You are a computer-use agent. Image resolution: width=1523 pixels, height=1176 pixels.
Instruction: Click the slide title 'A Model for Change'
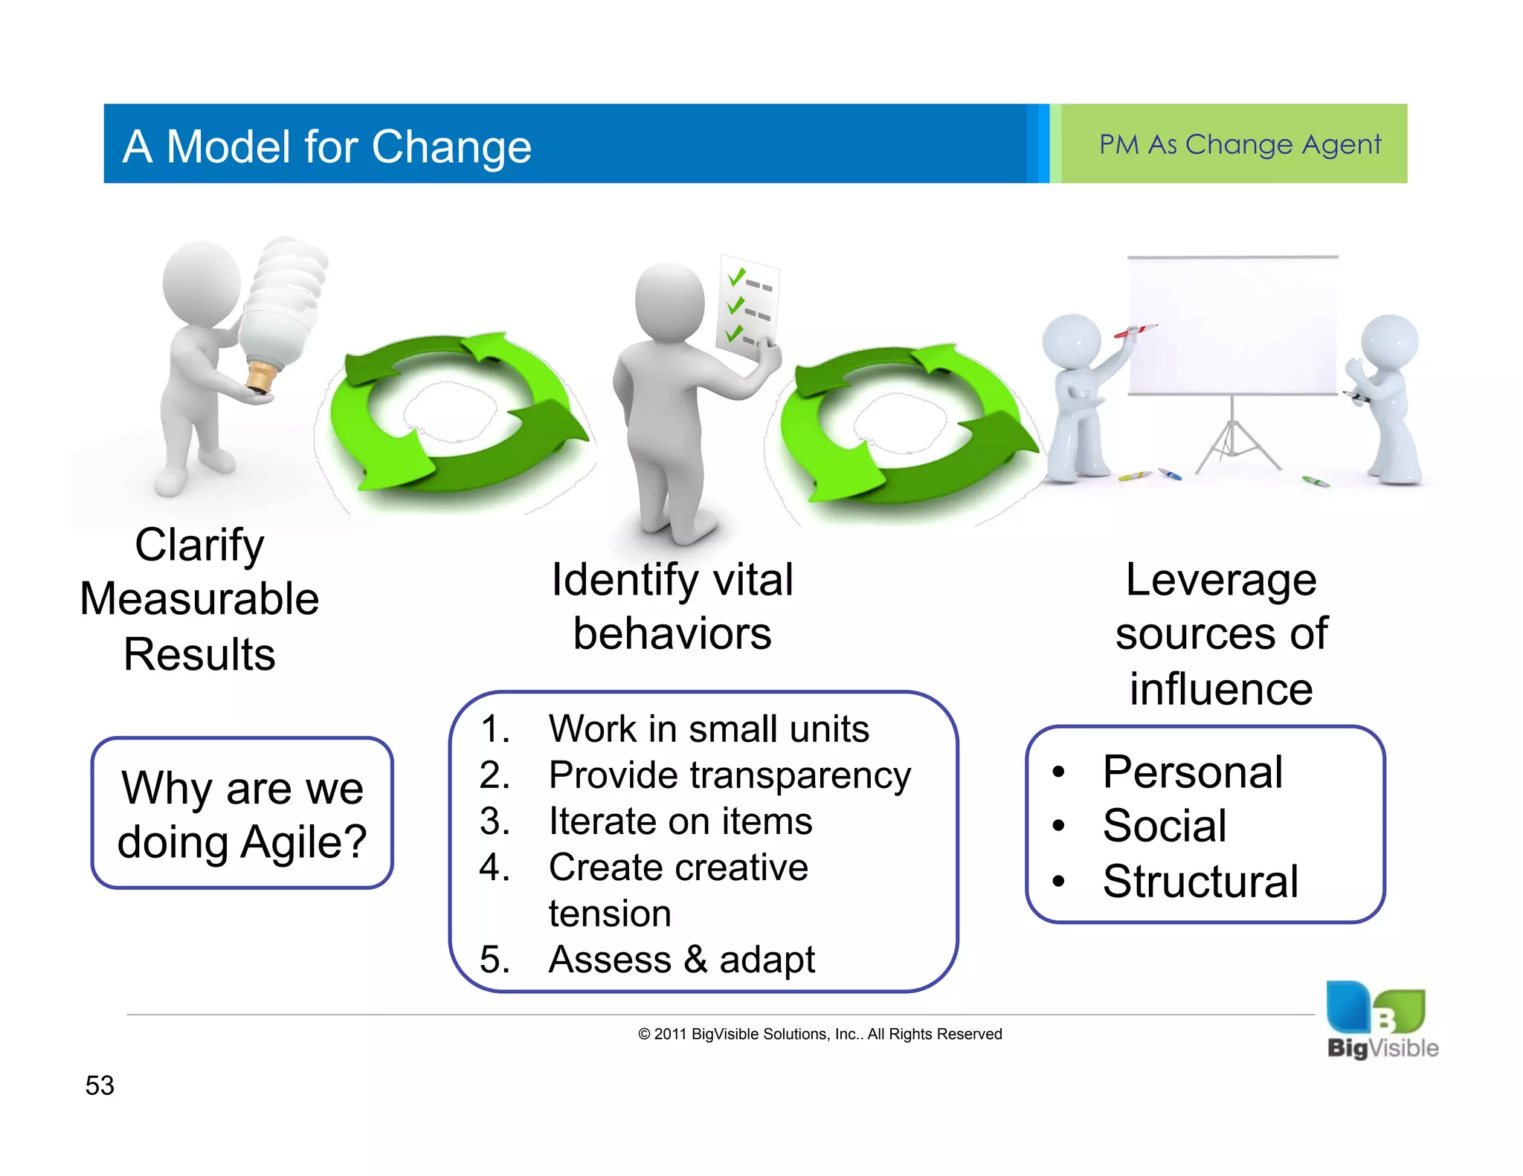(327, 146)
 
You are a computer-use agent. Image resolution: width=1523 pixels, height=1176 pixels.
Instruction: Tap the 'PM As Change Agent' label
(1240, 144)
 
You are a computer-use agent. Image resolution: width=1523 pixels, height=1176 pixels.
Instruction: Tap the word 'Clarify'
(199, 545)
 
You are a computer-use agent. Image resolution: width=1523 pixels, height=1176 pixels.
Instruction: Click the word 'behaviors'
(672, 634)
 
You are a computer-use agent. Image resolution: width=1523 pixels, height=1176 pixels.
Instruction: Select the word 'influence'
(1221, 689)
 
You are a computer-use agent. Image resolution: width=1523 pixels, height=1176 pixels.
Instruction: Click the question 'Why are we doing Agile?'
(242, 814)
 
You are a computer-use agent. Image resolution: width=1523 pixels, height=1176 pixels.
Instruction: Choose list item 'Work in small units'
(708, 728)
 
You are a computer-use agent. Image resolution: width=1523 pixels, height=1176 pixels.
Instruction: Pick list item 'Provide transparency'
(729, 775)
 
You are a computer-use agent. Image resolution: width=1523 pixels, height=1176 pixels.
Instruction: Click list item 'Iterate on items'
(680, 821)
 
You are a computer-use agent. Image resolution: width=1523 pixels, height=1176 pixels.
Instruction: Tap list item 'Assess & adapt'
(681, 960)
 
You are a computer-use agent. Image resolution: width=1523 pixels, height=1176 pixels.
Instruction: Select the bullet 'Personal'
(1192, 772)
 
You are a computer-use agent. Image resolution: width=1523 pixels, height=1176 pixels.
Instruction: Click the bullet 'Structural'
(1200, 882)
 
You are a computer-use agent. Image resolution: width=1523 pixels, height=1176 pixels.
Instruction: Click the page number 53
(100, 1085)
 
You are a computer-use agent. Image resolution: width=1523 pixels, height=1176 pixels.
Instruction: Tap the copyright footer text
(820, 1034)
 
